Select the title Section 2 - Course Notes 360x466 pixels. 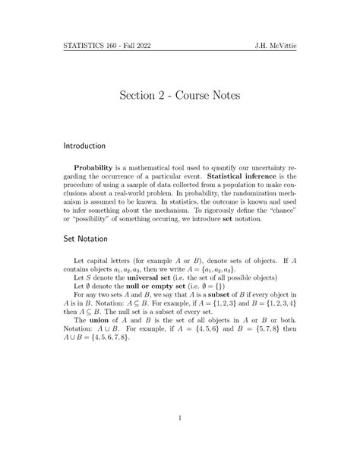pyautogui.click(x=180, y=96)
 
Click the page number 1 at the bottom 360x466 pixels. pyautogui.click(x=180, y=417)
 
